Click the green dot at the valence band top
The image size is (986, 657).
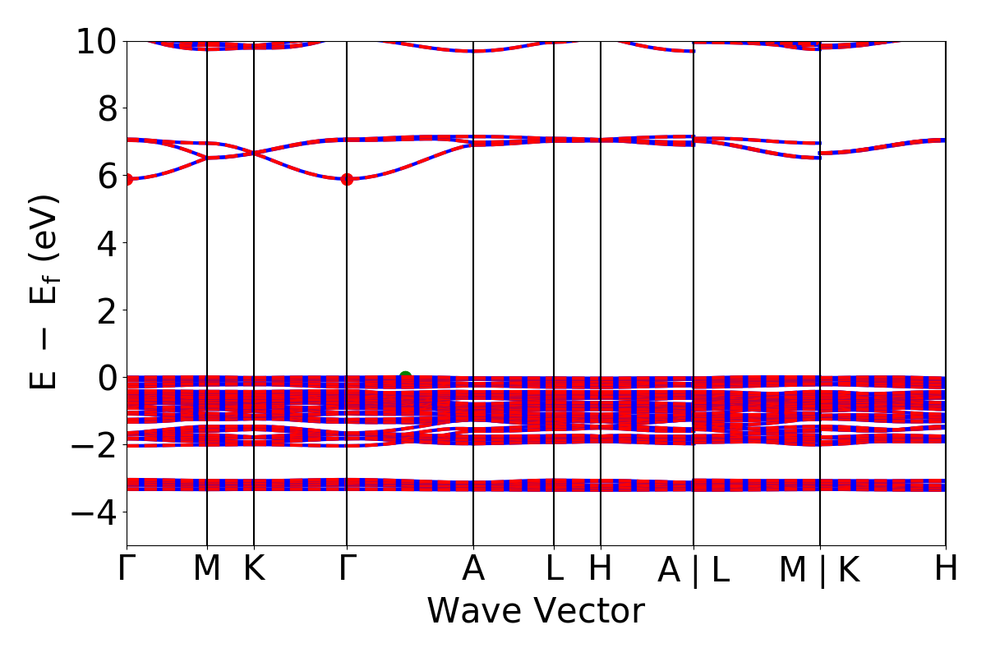point(405,377)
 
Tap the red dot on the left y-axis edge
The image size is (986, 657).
point(127,179)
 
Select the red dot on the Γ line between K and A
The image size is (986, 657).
point(347,179)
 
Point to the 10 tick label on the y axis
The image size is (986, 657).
point(99,41)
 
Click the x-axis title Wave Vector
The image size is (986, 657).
point(536,612)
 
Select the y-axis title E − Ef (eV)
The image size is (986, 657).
point(46,292)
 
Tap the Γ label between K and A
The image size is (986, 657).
point(347,568)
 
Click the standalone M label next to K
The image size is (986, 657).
point(206,568)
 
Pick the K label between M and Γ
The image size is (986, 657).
point(254,568)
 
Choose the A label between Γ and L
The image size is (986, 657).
point(473,568)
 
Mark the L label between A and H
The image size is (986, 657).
point(554,568)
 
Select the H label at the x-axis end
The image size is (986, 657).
point(946,568)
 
